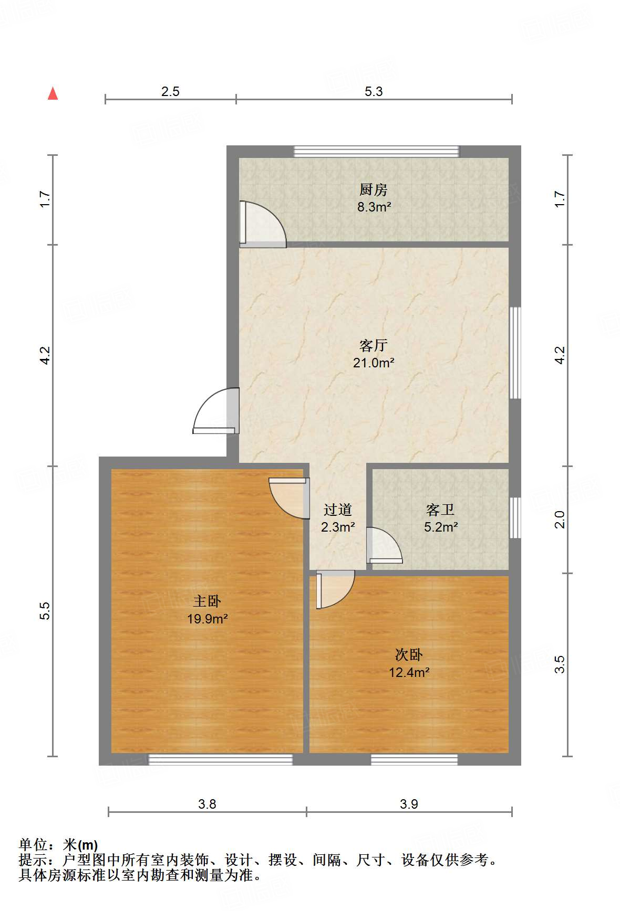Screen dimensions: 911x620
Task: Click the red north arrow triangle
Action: [x=53, y=93]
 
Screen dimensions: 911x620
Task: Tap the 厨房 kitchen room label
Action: [x=374, y=189]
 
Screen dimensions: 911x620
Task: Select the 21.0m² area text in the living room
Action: [x=374, y=362]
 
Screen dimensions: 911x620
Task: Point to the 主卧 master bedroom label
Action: [x=207, y=601]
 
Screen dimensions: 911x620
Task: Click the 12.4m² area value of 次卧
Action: [x=409, y=672]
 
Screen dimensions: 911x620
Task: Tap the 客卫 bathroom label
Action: [x=440, y=510]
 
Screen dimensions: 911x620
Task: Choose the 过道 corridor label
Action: [x=337, y=510]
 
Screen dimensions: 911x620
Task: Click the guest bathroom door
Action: [x=385, y=546]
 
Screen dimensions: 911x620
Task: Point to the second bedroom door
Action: [x=334, y=590]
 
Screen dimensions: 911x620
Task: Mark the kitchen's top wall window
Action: [x=376, y=152]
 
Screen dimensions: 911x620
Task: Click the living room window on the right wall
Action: [x=515, y=353]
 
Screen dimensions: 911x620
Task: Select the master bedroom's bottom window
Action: [x=220, y=759]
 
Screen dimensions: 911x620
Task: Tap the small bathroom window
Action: [x=515, y=517]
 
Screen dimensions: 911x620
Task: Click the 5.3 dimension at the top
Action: [x=374, y=92]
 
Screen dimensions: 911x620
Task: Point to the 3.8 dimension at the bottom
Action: [x=207, y=804]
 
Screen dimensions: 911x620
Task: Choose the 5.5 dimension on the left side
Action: [x=45, y=611]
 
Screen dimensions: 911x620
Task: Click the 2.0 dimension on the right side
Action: [x=560, y=520]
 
